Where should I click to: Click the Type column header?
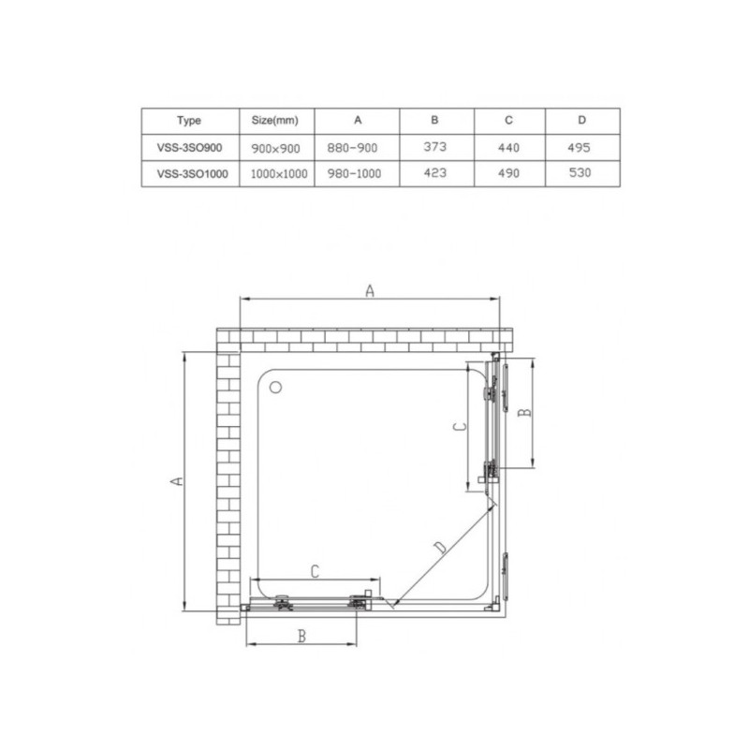(188, 121)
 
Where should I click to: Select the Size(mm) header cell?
(275, 121)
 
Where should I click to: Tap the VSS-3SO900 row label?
(188, 147)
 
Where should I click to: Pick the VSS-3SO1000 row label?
(188, 173)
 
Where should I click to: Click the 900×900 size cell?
(275, 147)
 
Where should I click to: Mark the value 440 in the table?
(508, 147)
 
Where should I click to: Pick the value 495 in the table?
(580, 147)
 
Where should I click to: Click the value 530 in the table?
(580, 173)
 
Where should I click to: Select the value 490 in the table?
(508, 173)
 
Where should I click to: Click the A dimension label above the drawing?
(370, 291)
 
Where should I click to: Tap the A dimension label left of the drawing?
(175, 480)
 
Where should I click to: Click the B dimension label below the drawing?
(301, 637)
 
